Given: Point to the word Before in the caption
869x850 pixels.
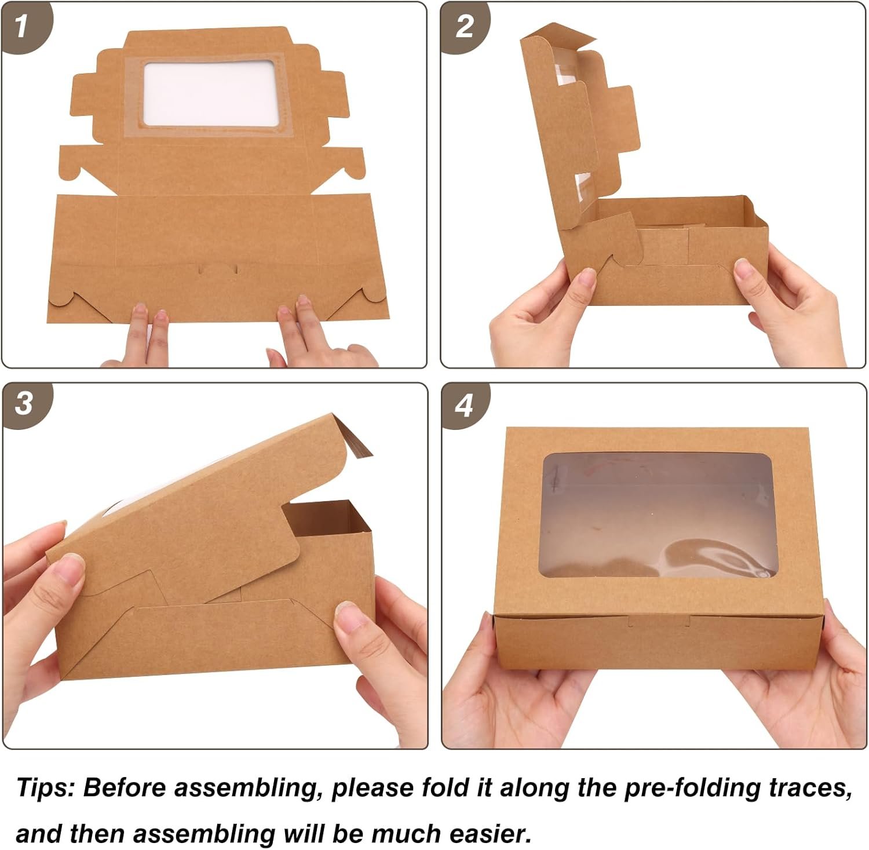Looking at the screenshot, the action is [x=124, y=788].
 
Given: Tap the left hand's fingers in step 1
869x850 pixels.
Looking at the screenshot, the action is [x=148, y=333].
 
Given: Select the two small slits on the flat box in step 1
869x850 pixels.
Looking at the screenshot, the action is [x=217, y=269].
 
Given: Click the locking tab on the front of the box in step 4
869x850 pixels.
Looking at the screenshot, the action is [x=659, y=622].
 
